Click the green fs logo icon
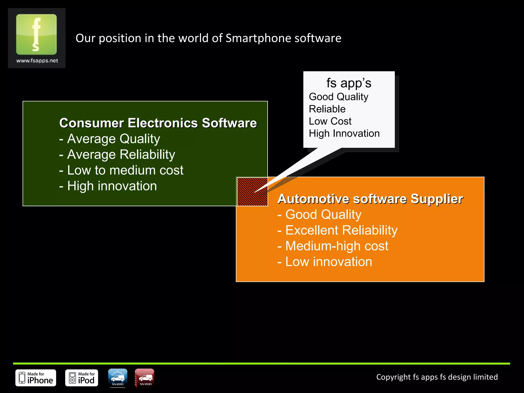pyautogui.click(x=36, y=34)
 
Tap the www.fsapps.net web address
pyautogui.click(x=37, y=61)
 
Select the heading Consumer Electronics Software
pyautogui.click(x=158, y=123)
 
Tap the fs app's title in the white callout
pyautogui.click(x=348, y=83)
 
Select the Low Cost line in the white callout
pyautogui.click(x=330, y=121)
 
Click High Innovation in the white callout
pyautogui.click(x=344, y=134)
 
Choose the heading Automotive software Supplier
pyautogui.click(x=370, y=199)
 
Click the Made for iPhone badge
pyautogui.click(x=36, y=378)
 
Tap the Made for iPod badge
pyautogui.click(x=82, y=378)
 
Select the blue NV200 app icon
pyautogui.click(x=118, y=378)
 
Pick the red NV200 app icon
pyautogui.click(x=145, y=378)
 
